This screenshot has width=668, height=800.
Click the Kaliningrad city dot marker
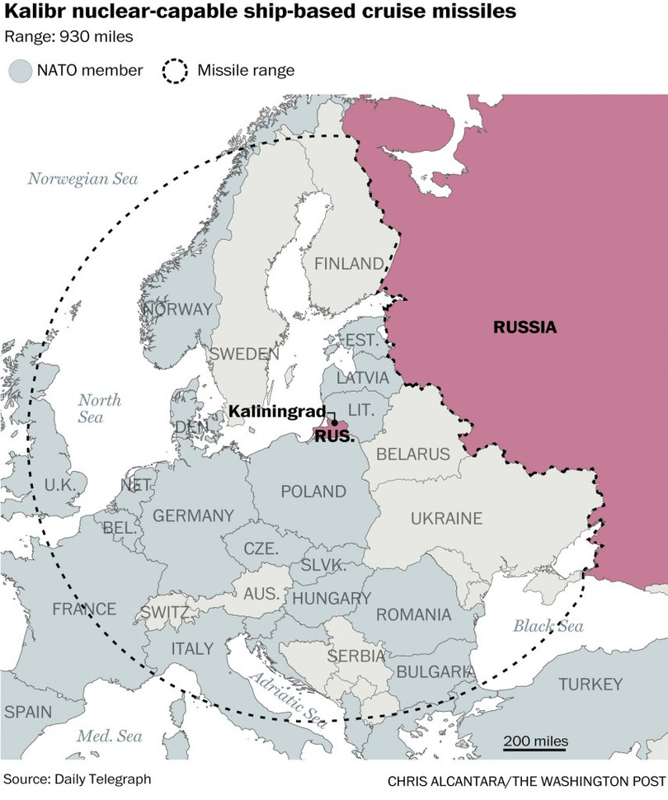[334, 422]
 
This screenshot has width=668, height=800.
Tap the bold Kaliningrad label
[276, 411]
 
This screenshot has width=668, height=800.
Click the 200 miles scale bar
[536, 751]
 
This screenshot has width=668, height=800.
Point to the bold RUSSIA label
[525, 327]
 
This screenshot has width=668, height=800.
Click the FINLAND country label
[347, 264]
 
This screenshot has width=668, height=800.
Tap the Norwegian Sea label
[82, 178]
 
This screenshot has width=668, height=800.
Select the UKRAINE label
[446, 518]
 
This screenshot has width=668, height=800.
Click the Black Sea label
[548, 626]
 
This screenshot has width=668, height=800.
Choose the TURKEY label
[590, 685]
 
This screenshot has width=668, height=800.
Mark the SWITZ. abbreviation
[166, 613]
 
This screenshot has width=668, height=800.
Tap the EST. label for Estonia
[360, 341]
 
